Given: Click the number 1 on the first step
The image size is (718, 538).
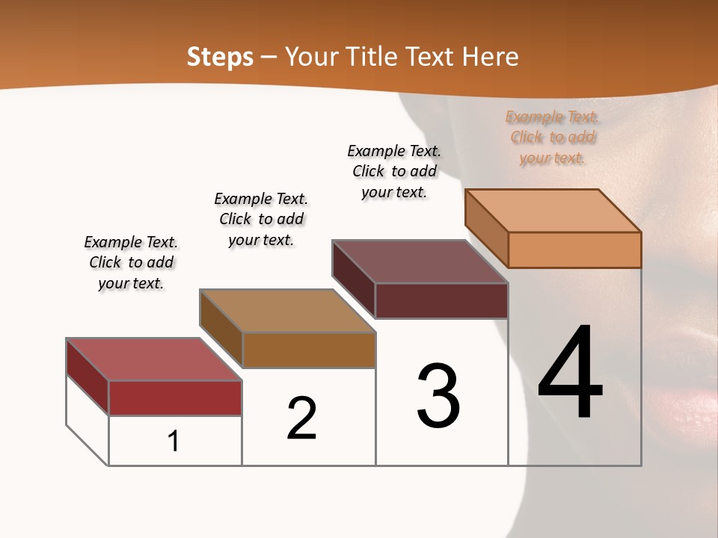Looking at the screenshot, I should pyautogui.click(x=174, y=441).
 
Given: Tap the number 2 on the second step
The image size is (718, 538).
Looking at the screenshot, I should pyautogui.click(x=302, y=418).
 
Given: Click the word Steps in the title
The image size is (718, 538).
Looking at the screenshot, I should pyautogui.click(x=220, y=56).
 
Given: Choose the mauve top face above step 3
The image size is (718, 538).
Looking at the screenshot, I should pyautogui.click(x=420, y=261).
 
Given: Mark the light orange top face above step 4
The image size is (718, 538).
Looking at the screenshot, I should pyautogui.click(x=553, y=210).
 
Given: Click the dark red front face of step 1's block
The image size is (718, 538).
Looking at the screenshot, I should pyautogui.click(x=175, y=398).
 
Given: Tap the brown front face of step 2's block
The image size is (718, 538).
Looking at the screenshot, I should pyautogui.click(x=308, y=350).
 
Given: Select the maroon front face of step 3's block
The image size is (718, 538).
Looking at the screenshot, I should pyautogui.click(x=441, y=300).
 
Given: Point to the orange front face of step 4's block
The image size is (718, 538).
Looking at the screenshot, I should pyautogui.click(x=574, y=250).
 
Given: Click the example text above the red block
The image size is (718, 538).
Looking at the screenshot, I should pyautogui.click(x=131, y=262).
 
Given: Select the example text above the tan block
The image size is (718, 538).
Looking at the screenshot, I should pyautogui.click(x=261, y=219).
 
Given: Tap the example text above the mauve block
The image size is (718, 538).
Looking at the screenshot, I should pyautogui.click(x=394, y=171).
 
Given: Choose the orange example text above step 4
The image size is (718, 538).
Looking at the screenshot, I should pyautogui.click(x=553, y=137).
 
